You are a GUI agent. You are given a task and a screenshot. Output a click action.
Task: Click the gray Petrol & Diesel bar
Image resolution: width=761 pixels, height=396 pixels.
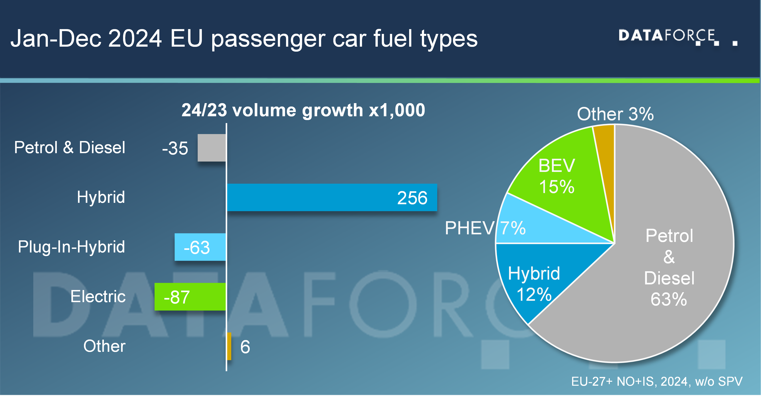212,148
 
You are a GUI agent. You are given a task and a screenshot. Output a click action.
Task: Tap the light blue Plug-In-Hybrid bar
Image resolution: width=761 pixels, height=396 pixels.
200,247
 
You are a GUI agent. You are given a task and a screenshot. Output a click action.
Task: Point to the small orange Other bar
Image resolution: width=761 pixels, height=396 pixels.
229,346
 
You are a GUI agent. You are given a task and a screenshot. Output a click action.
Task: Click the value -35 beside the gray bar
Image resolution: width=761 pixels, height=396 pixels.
175,148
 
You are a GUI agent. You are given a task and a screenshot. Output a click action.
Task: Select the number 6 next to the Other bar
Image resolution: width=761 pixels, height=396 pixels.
245,347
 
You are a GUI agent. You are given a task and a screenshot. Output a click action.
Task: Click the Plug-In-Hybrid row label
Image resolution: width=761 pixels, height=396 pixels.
71,247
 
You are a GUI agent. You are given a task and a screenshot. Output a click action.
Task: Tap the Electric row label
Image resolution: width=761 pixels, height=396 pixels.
98,297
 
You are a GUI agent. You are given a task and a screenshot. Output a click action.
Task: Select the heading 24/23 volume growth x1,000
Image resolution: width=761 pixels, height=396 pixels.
303,110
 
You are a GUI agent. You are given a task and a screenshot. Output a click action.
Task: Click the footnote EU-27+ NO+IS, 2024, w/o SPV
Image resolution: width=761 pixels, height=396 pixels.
656,382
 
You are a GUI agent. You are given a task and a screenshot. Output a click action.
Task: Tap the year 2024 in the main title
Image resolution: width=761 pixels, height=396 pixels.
135,38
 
